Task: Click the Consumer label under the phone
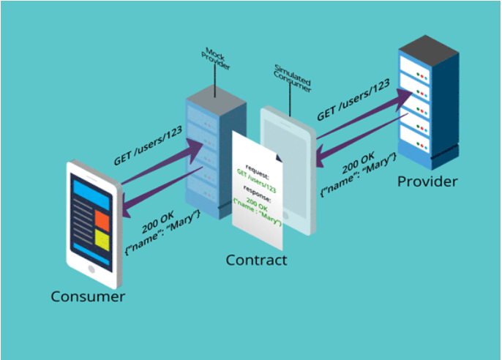(88, 297)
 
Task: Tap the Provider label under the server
(427, 181)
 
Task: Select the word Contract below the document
(256, 260)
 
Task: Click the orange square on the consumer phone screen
(102, 221)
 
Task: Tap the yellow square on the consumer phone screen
(102, 239)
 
